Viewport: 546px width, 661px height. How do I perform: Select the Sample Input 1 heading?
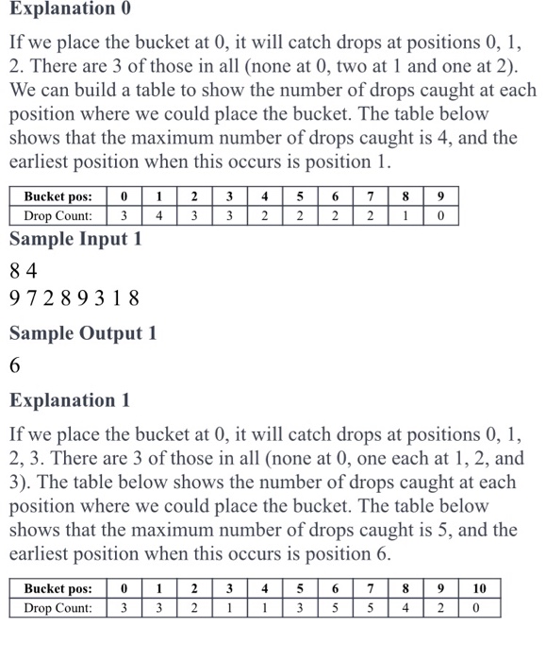click(75, 238)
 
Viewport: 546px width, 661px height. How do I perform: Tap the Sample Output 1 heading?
click(83, 332)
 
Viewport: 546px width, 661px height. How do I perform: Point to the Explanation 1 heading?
click(71, 399)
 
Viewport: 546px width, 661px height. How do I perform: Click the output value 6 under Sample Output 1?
click(15, 365)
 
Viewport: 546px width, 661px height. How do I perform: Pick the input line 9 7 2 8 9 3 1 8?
click(74, 299)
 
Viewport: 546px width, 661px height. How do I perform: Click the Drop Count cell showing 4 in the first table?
click(159, 214)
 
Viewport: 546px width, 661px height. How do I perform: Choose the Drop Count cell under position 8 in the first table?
click(405, 214)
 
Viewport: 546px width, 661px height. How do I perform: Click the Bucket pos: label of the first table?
click(58, 196)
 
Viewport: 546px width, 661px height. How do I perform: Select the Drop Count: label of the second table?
click(58, 607)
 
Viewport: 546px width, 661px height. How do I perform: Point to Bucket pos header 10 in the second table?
click(479, 589)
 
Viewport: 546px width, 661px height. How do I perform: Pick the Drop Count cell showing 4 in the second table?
click(405, 607)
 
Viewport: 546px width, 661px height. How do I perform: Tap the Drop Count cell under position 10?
click(479, 607)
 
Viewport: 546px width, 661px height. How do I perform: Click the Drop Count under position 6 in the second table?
click(335, 607)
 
